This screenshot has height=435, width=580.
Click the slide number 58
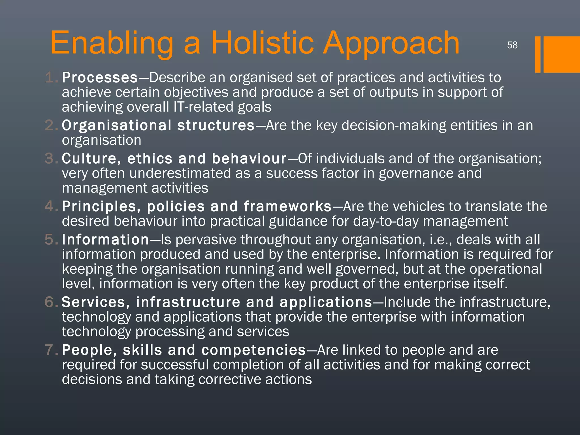tap(512, 45)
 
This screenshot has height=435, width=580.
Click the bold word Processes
tap(100, 78)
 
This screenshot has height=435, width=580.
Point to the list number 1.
tap(51, 78)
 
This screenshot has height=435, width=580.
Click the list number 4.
tap(50, 206)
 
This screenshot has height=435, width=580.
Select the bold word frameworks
tap(287, 206)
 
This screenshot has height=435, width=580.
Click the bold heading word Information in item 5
tap(105, 240)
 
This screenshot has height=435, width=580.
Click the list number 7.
tap(50, 350)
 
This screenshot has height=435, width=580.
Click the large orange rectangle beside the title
tap(562, 54)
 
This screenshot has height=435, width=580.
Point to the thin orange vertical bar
tap(538, 54)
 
